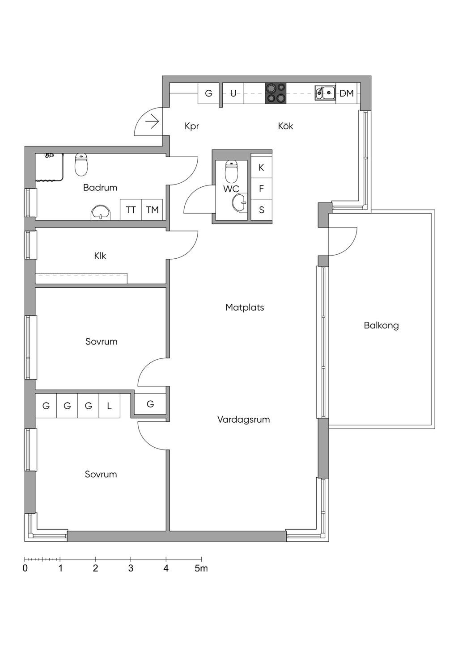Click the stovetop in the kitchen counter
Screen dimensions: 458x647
click(x=276, y=93)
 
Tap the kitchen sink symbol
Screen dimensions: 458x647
click(x=325, y=93)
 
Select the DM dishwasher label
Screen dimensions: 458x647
click(x=346, y=93)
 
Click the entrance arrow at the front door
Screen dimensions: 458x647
click(x=152, y=122)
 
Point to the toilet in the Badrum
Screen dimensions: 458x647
click(x=81, y=164)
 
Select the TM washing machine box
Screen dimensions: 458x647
click(x=152, y=210)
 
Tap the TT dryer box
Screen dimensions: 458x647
click(x=131, y=210)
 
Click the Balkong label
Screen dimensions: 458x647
click(x=381, y=326)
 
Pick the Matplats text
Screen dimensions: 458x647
click(x=245, y=307)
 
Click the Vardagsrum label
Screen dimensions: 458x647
click(x=243, y=420)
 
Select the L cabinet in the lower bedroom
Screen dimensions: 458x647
click(x=109, y=406)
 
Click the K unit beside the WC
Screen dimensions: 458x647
click(x=261, y=168)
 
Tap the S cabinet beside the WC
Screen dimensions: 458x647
click(x=261, y=210)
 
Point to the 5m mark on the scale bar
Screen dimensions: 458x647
click(x=201, y=568)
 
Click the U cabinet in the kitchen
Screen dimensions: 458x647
click(x=233, y=93)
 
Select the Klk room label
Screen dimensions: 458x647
click(x=100, y=256)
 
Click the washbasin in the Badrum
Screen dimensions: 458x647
click(x=101, y=213)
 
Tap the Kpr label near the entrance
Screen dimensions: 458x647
click(x=192, y=126)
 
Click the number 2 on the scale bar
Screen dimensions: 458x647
click(x=95, y=568)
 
